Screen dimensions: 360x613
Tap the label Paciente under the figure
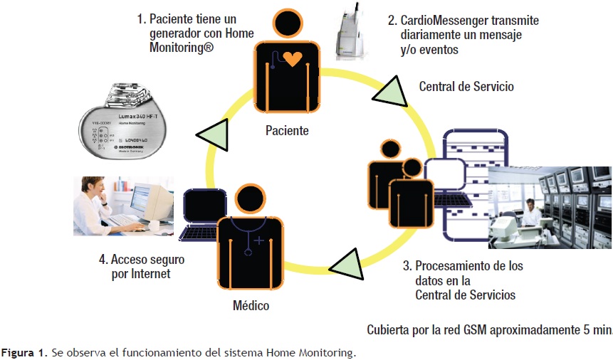click(287, 130)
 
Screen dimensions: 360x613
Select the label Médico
click(251, 306)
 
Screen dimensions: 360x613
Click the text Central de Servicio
click(466, 87)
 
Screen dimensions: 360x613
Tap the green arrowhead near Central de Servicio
click(389, 91)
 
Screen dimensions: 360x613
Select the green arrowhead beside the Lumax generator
click(212, 134)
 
